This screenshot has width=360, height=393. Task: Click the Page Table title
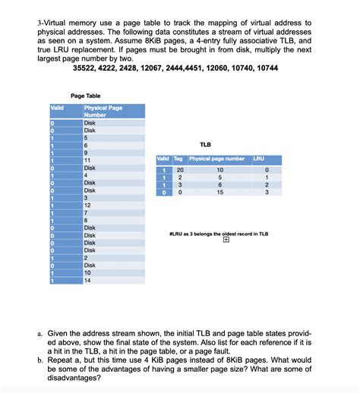[86, 96]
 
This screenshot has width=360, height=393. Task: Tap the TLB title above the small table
[205, 144]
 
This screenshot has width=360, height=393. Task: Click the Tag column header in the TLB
[178, 159]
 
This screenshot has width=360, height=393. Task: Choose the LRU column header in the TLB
[257, 159]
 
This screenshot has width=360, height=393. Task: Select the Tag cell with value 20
[179, 170]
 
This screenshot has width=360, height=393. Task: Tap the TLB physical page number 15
[219, 193]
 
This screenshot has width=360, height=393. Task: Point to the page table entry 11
[88, 160]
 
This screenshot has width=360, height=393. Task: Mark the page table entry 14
[88, 280]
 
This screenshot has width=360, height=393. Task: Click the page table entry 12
[88, 205]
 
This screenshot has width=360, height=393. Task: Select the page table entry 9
[86, 152]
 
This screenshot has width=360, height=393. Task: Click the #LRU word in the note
[177, 234]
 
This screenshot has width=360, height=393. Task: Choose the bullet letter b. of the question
[39, 360]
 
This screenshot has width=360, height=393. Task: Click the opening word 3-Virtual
[54, 23]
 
